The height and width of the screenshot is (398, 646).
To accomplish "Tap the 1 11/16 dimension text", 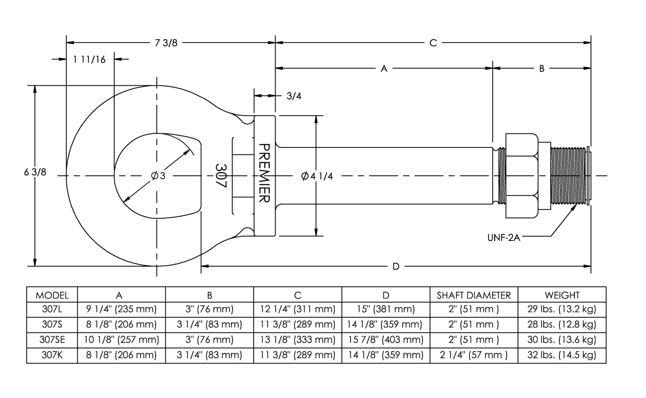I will point(89,59).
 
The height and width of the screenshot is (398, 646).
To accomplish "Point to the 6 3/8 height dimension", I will point(31,175).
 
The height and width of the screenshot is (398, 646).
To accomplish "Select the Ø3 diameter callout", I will point(158,176).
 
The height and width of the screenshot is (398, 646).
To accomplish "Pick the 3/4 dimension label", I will point(293,96).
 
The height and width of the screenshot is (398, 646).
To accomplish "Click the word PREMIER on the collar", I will point(264,173).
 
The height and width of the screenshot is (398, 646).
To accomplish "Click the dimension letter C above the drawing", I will point(433,44).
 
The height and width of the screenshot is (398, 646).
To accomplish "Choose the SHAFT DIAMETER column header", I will point(474,295).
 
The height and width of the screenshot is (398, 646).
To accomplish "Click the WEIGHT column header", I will point(562,295).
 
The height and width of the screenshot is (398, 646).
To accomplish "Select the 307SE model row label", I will point(52,340).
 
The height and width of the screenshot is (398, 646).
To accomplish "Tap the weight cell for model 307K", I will point(562,355).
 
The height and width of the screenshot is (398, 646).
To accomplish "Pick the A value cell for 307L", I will point(122,310).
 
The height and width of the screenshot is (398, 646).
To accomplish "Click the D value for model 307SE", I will point(385,340).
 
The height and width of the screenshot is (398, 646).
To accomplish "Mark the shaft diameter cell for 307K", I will point(474,355).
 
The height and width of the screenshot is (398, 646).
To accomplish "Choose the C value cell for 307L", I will point(298,310).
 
